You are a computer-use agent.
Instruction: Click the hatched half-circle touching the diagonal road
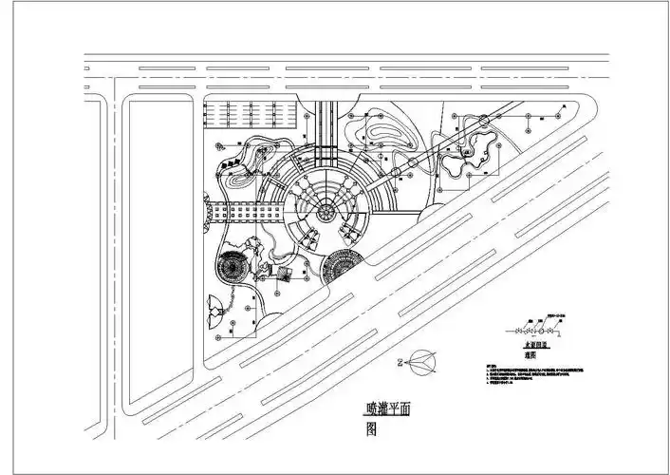pos(341,267)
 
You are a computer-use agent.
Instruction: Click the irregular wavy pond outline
pos(472,157)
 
